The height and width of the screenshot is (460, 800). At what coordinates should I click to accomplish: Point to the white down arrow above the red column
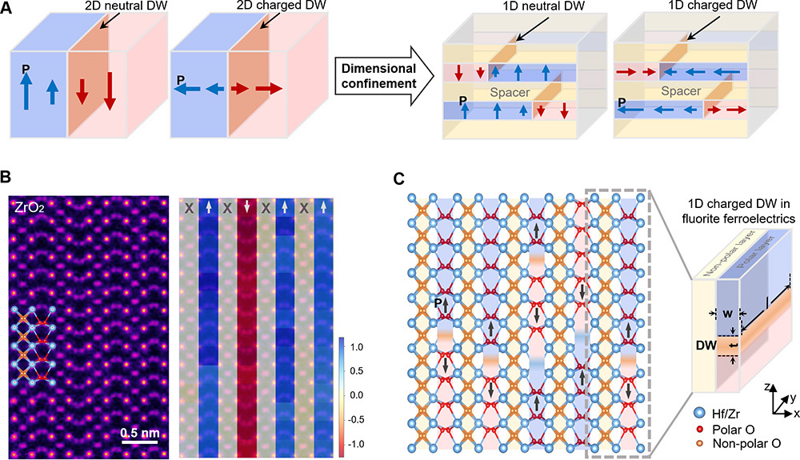(247, 206)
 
